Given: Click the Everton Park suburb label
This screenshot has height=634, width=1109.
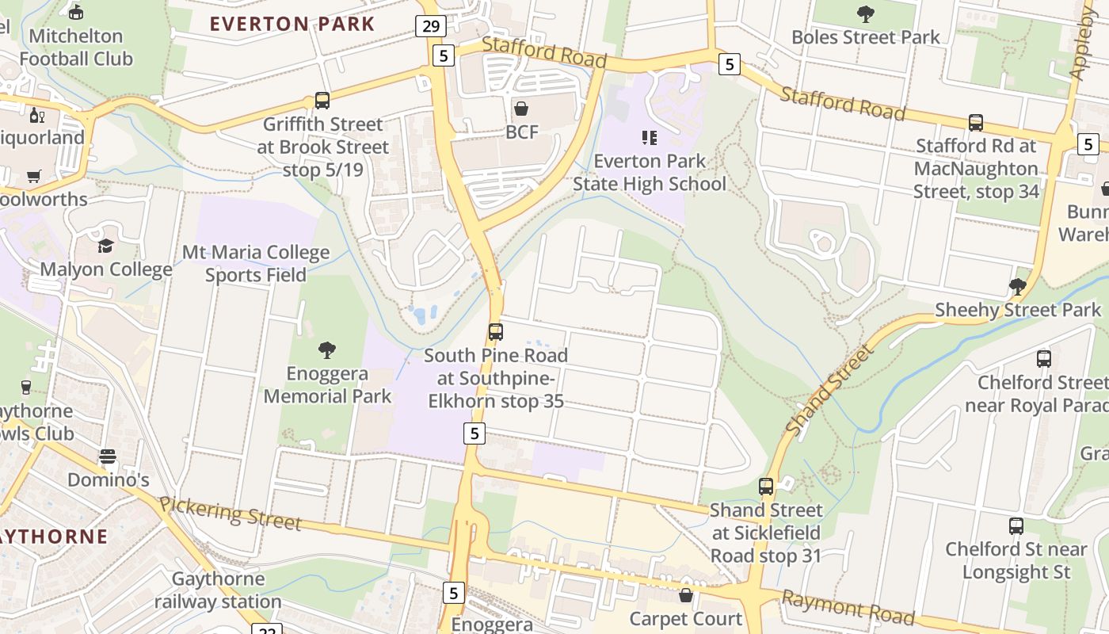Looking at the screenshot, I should click(292, 24).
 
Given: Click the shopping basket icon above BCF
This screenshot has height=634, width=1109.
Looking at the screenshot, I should click(521, 109).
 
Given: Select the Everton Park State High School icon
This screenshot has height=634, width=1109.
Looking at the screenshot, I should click(650, 138).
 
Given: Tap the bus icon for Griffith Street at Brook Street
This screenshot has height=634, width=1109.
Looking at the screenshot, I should click(322, 101).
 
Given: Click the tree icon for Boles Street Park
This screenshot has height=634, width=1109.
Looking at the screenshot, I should click(866, 13).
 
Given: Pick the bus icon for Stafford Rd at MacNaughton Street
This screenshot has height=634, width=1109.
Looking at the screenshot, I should click(976, 123).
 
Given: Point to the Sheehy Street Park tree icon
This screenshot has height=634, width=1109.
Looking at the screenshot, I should click(1018, 287).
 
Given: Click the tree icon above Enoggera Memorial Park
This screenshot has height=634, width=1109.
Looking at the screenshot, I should click(327, 350).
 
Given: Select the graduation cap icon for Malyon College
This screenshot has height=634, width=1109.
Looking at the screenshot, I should click(106, 246).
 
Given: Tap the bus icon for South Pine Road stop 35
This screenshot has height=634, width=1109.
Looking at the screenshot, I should click(496, 332).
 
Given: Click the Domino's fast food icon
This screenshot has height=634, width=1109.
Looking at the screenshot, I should click(108, 457).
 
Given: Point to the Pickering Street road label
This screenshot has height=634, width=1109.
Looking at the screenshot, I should click(230, 513).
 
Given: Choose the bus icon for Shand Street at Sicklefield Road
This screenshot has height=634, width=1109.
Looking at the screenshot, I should click(766, 487).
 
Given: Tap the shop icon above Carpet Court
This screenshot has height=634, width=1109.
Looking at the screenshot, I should click(687, 595).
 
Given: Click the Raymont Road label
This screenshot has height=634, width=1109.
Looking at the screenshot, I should click(848, 606).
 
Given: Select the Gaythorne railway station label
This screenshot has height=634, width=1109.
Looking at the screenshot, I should click(217, 590).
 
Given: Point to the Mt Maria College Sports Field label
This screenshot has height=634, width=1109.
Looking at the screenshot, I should click(256, 264).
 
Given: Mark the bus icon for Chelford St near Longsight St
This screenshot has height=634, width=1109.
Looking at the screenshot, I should click(1016, 526).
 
